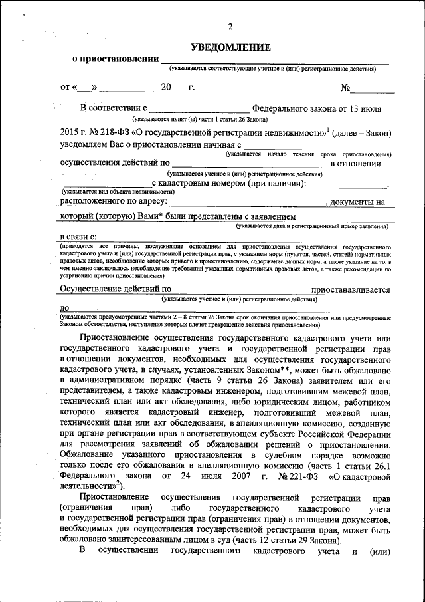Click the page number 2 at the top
[230, 27]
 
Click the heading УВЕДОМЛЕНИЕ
[230, 47]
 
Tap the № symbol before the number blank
[345, 88]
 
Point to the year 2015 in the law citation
[69, 132]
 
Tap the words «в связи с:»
[78, 237]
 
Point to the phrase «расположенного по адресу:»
[114, 200]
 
